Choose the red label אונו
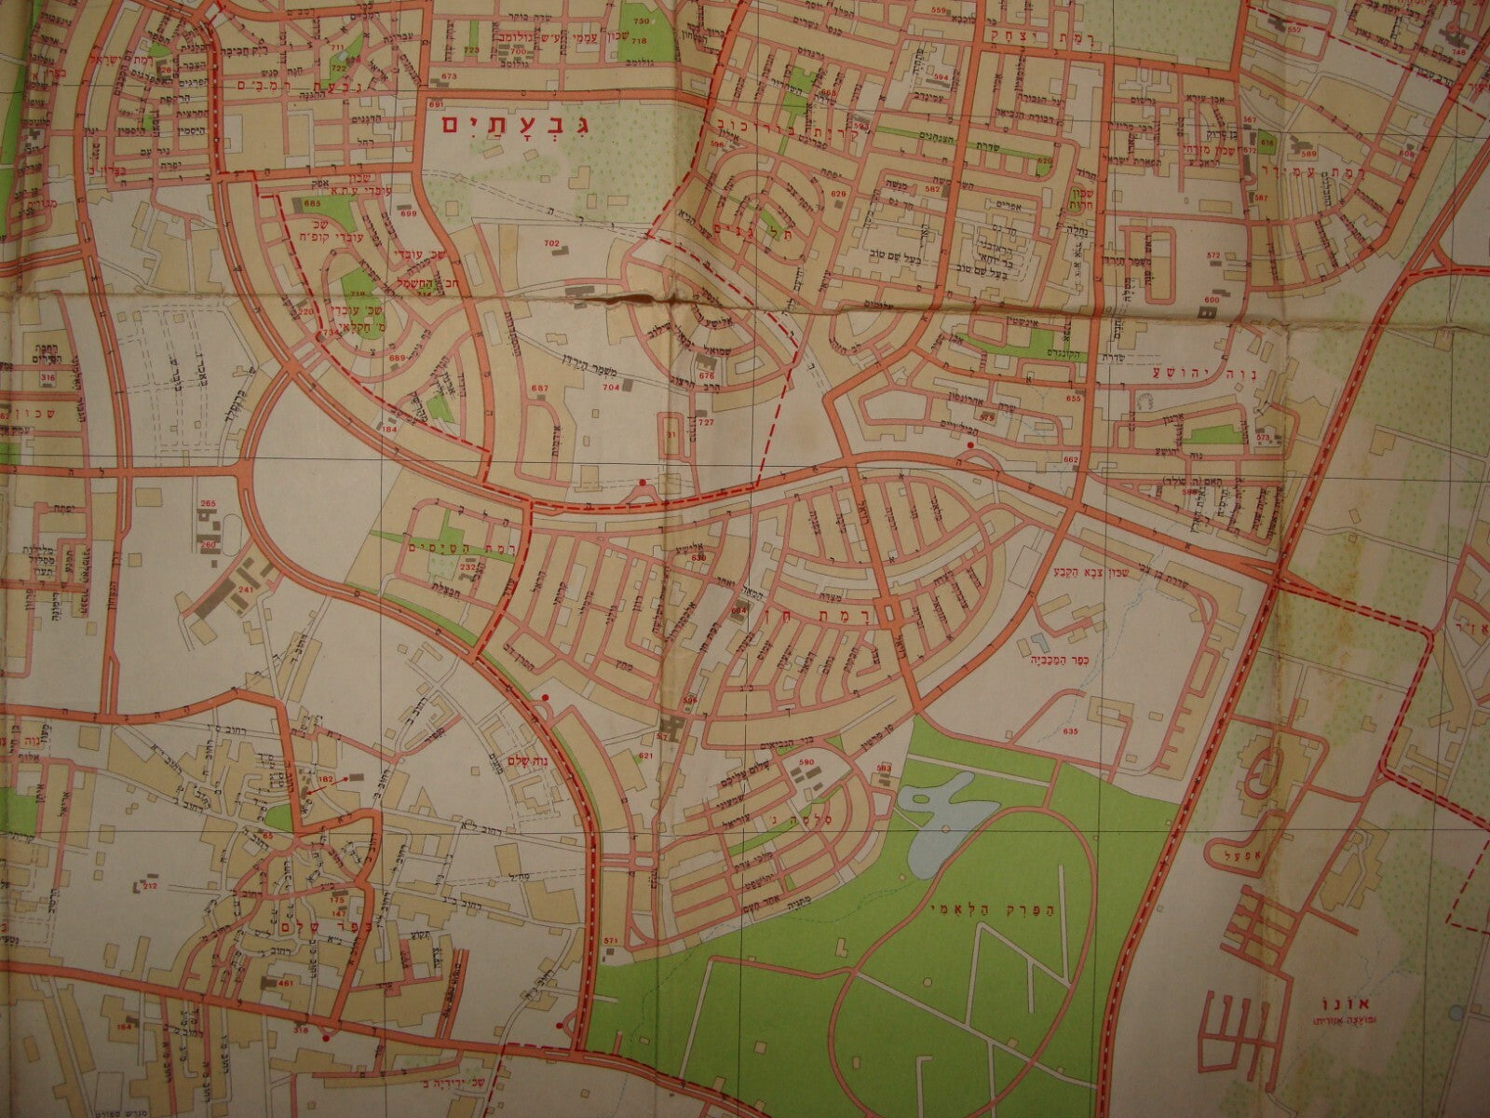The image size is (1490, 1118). [x=1320, y=1006]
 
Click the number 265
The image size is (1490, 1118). [x=208, y=504]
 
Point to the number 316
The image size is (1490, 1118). [x=48, y=376]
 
